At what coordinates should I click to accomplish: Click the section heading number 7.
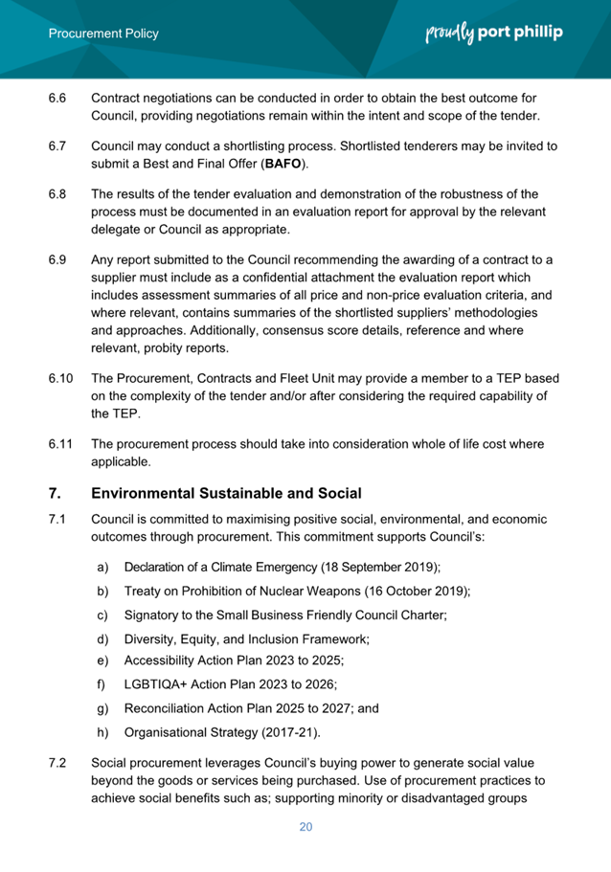pos(55,494)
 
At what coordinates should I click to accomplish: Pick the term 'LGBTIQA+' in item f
pos(159,685)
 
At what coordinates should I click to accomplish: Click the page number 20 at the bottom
pos(305,827)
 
